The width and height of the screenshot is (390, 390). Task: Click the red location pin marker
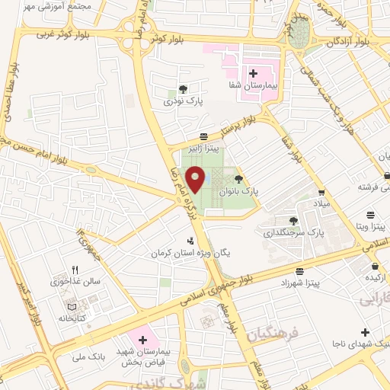(x=196, y=179)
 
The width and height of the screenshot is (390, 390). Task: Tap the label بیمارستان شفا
(x=253, y=86)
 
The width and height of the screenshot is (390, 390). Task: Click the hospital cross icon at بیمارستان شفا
(x=253, y=73)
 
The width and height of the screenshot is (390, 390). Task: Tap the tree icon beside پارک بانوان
(x=239, y=180)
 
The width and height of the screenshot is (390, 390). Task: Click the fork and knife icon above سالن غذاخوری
(x=75, y=269)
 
